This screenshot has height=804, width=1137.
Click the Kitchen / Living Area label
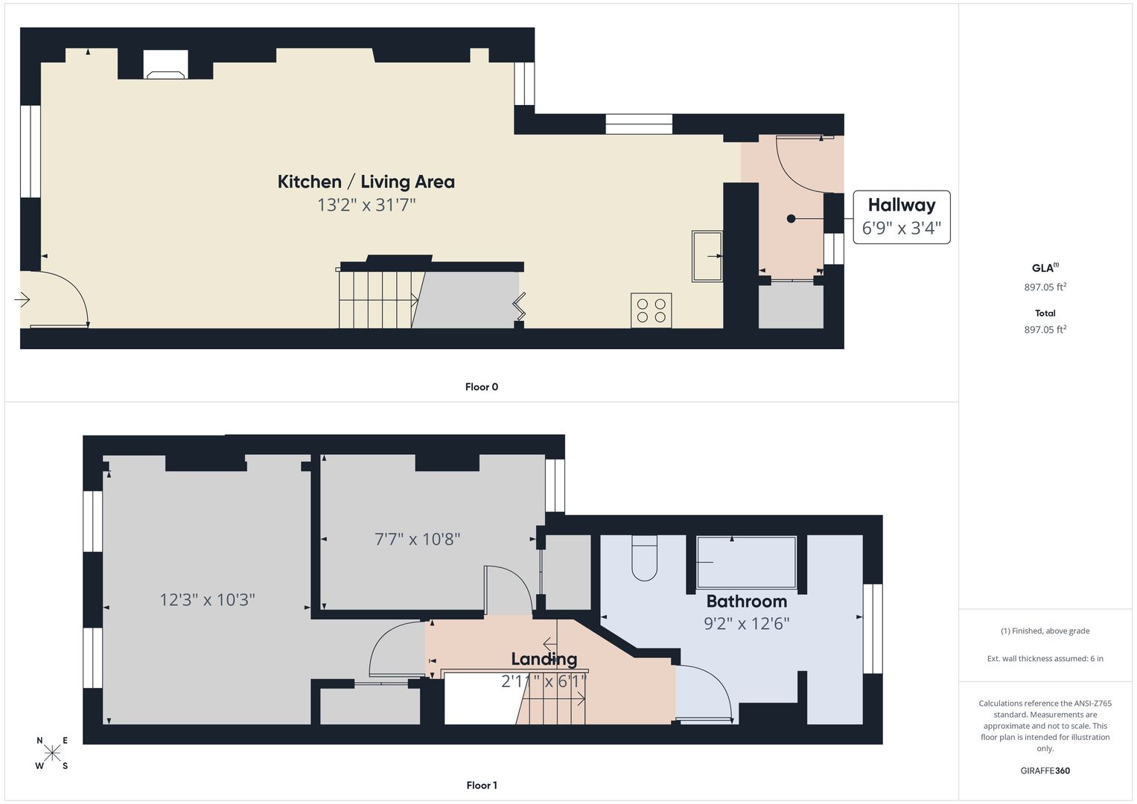(x=366, y=182)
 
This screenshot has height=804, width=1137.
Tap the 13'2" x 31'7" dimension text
(x=366, y=205)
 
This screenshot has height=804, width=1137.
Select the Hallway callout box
(x=902, y=217)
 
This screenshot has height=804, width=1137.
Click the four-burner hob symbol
(x=652, y=310)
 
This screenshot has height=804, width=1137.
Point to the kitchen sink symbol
(x=707, y=256)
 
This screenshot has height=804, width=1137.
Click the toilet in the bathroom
(x=645, y=558)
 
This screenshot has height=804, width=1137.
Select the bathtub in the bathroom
(x=746, y=562)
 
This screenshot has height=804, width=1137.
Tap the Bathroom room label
(x=747, y=602)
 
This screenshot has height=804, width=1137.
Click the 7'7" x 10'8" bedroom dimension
(x=417, y=539)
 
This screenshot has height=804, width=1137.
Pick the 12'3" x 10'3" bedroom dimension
(x=207, y=600)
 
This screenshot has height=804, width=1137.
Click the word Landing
(x=544, y=660)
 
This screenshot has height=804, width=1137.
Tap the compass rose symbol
(x=52, y=753)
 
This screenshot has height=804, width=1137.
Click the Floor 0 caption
(x=482, y=387)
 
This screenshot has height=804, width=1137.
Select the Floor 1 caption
(x=482, y=785)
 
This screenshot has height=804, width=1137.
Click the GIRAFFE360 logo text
(x=1045, y=770)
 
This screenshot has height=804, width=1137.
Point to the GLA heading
(x=1045, y=268)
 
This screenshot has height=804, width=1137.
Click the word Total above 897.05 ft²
(x=1045, y=313)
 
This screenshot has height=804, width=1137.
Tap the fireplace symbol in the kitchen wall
(x=165, y=65)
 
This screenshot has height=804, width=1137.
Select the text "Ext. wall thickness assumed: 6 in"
(x=1045, y=658)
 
